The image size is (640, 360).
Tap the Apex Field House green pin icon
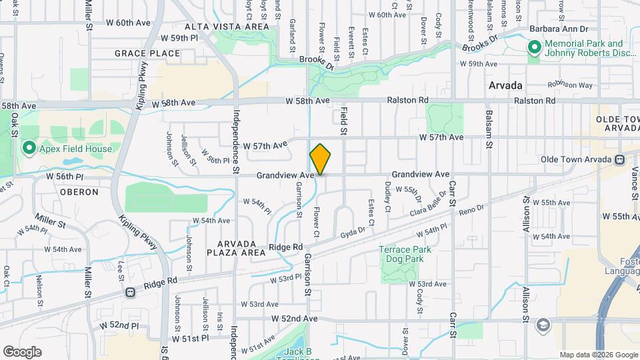click(29, 147)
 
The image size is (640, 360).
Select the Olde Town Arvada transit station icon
click(620, 159)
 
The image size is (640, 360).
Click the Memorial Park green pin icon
click(534, 48)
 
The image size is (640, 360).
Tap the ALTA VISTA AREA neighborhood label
click(227, 27)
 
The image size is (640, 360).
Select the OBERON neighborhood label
click(79, 192)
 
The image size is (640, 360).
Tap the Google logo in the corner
click(22, 351)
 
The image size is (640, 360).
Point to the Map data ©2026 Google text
click(599, 355)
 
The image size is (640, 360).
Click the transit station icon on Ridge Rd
click(130, 291)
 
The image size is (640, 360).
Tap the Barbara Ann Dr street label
click(559, 29)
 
